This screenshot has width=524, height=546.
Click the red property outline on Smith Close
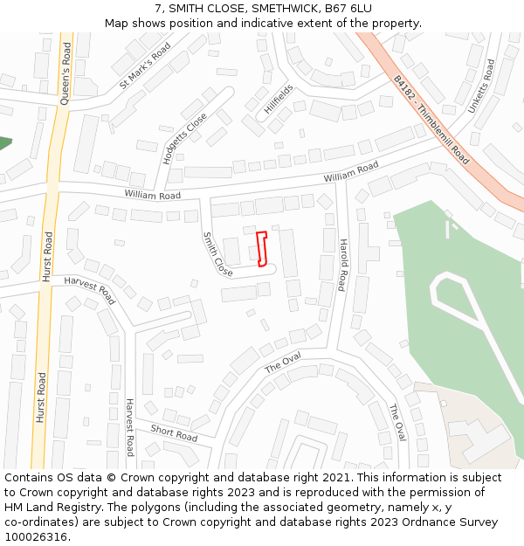point(261,248)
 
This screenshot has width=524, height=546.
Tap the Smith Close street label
point(217,255)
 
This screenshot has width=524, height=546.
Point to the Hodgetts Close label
point(185,138)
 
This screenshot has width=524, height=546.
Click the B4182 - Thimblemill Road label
point(431,119)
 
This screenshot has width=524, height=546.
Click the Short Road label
point(174,432)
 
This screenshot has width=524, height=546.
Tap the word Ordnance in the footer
point(410,522)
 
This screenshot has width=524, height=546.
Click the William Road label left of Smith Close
point(152,195)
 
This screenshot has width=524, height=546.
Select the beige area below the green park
point(472,428)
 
